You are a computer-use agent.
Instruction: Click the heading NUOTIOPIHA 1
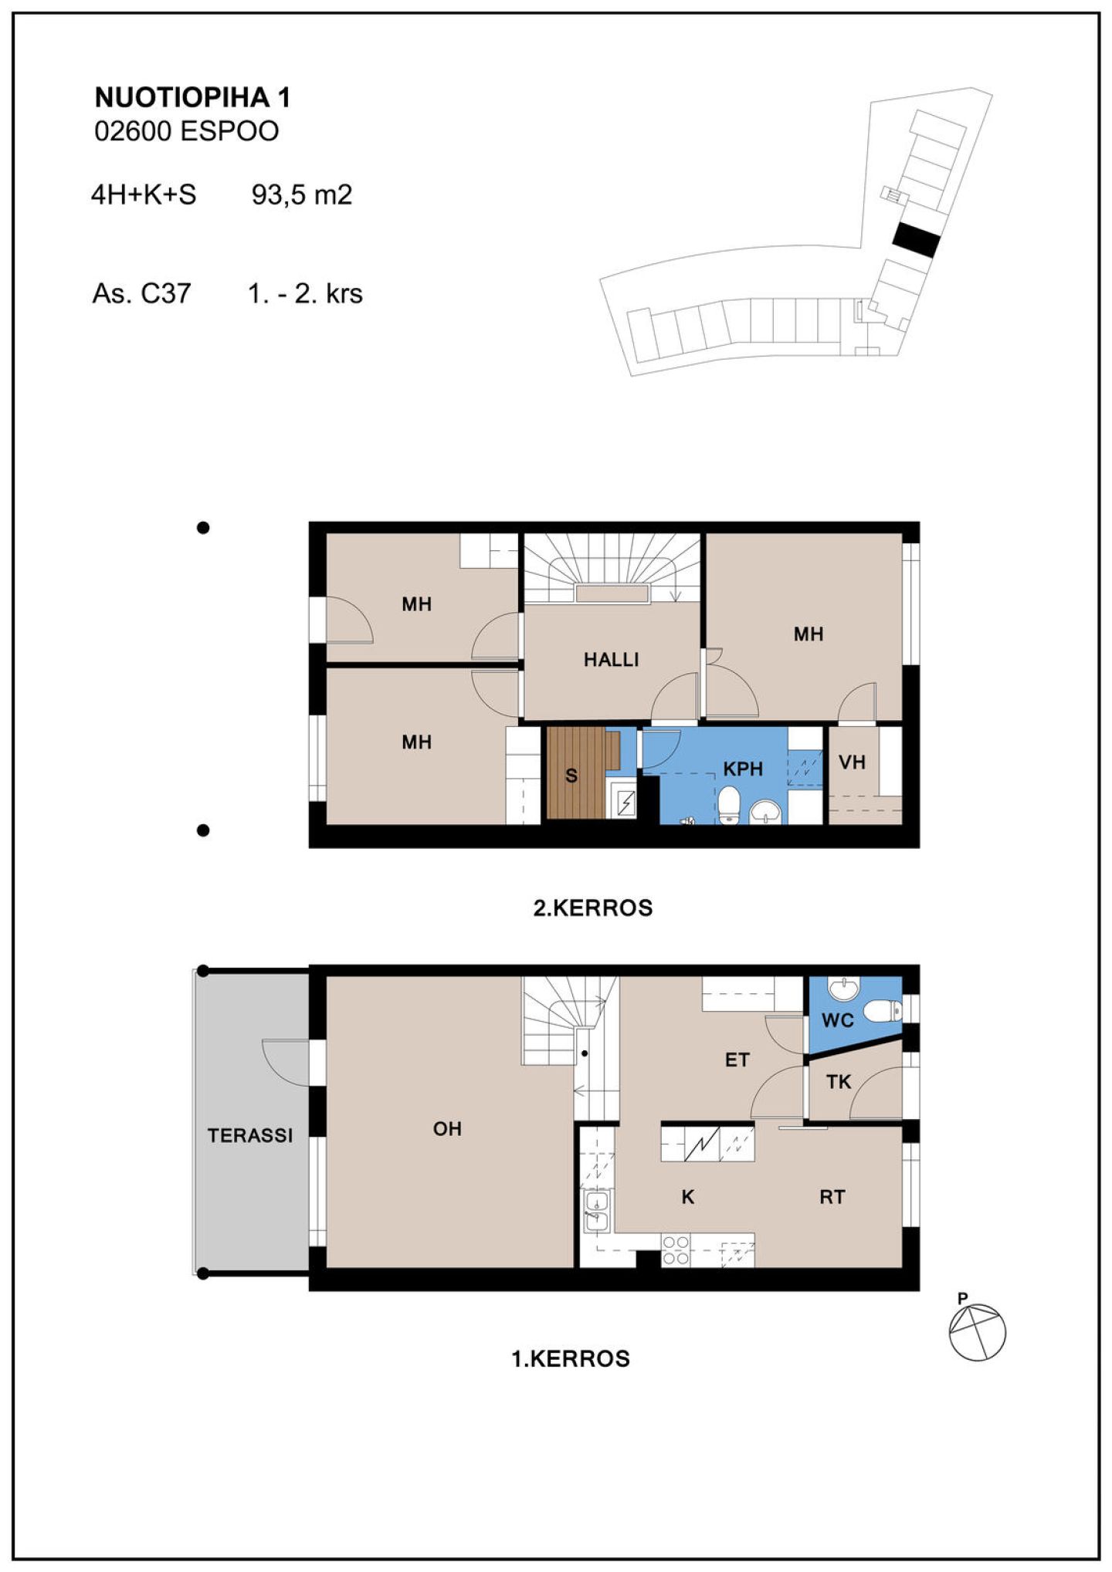coord(192,97)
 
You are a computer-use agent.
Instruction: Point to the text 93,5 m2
coord(302,194)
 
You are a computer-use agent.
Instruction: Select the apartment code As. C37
coord(141,293)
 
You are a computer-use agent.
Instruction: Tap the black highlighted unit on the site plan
coord(916,240)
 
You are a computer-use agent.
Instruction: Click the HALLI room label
coord(611,660)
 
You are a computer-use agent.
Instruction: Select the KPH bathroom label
coord(743,769)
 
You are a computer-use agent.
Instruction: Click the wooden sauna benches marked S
coord(583,772)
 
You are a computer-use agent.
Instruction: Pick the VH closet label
coord(852,763)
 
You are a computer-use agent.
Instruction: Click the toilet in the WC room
coord(882,1009)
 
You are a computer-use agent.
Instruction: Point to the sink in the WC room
coord(844,988)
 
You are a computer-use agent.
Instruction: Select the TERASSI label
coord(250,1135)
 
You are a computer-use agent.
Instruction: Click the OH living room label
coord(447,1129)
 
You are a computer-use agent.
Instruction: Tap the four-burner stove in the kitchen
coord(676,1250)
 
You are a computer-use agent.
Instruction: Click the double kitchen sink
coord(597,1211)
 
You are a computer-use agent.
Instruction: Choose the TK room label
coord(839,1082)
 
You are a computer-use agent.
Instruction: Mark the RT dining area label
coord(832,1197)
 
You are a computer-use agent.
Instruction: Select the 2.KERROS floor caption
coord(593,908)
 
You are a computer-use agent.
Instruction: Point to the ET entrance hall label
coord(737,1060)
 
